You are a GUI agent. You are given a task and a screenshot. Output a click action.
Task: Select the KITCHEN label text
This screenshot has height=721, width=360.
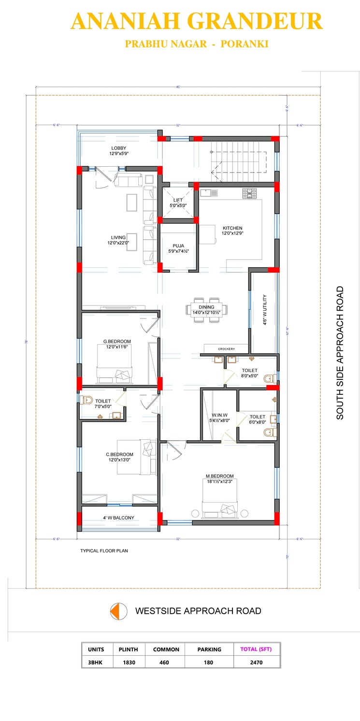pos(232,228)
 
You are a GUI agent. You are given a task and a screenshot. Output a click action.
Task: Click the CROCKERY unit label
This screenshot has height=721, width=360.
pos(226,348)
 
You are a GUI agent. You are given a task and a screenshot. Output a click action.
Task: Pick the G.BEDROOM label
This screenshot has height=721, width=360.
pos(117,342)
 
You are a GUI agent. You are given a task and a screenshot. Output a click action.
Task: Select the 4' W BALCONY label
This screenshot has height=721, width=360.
pos(118,518)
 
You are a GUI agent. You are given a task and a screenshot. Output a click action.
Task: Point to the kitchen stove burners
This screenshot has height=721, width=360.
pos(250,193)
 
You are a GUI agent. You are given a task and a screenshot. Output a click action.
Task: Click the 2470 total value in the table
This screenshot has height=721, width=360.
pos(256,662)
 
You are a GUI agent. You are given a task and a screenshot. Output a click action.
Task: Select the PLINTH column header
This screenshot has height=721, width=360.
pos(129,649)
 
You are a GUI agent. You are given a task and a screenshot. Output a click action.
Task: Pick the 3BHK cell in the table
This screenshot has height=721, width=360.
pos(96,662)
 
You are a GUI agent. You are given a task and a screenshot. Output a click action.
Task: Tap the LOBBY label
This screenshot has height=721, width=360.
pos(119,148)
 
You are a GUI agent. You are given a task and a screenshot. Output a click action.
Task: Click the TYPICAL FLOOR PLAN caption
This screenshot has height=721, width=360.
pos(104,550)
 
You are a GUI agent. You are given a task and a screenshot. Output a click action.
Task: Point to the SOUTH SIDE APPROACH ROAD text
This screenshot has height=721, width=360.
pos(340,353)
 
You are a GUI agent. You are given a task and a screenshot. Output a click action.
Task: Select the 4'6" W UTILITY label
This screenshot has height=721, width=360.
pos(265,310)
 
